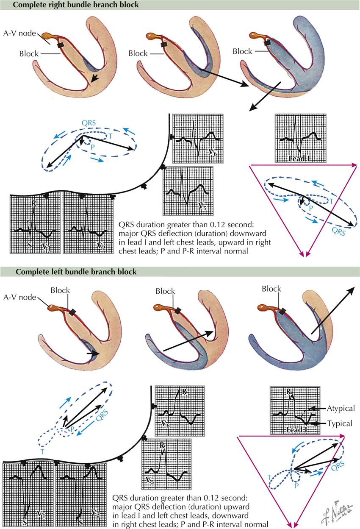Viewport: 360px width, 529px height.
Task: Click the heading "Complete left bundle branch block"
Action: click(x=76, y=272)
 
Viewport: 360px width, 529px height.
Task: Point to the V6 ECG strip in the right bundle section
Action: click(x=198, y=139)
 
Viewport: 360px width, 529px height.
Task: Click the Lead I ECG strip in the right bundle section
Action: click(x=300, y=139)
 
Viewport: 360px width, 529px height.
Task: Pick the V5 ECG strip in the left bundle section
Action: click(x=167, y=465)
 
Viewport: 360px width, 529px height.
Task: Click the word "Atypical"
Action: click(x=341, y=409)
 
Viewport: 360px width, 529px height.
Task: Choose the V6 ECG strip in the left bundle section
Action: click(x=180, y=410)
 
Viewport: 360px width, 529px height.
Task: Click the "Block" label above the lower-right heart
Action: click(x=271, y=289)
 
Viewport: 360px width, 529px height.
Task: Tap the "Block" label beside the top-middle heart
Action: click(x=138, y=54)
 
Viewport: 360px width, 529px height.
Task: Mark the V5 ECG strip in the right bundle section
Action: click(x=188, y=191)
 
